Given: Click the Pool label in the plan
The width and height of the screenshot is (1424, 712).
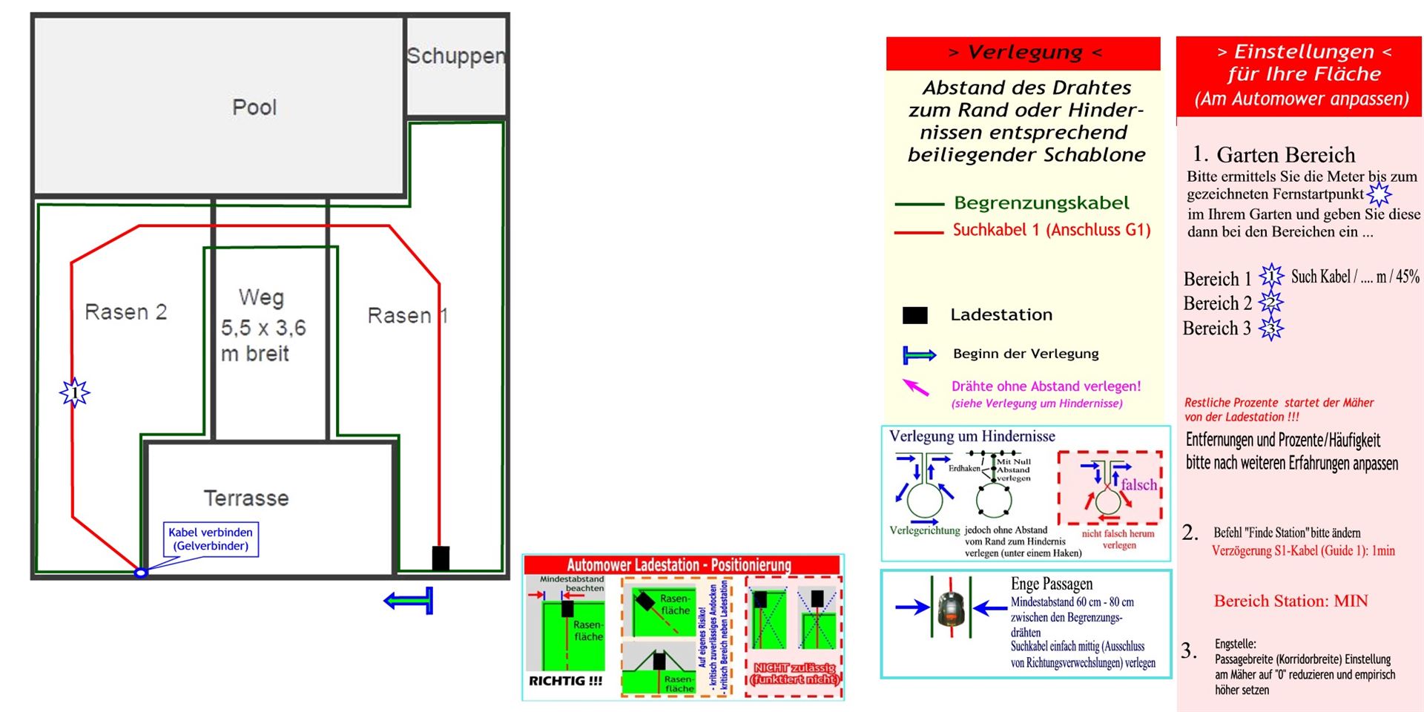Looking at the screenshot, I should (254, 108).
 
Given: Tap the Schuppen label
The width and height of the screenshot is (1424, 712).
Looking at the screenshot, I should (455, 56).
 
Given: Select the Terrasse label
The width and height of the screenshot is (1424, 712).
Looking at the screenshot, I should (245, 498).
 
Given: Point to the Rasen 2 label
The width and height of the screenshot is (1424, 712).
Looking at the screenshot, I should (125, 312).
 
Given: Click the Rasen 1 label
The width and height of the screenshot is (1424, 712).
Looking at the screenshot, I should (407, 316).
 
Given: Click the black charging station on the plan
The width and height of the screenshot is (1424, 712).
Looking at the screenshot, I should (441, 558).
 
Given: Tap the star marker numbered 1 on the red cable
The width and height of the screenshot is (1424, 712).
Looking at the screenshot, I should (74, 392).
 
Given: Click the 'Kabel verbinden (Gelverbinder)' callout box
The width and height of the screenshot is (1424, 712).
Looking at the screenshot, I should (211, 539).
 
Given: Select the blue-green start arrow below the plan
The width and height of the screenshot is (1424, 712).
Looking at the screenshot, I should (409, 600).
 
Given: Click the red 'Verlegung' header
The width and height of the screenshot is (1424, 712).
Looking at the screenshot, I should (1023, 53).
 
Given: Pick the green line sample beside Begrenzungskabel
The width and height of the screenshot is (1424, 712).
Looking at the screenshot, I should (919, 204).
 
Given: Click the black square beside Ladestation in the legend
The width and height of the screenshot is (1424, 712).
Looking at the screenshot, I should (914, 315).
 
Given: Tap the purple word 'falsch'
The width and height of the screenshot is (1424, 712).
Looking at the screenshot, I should (1138, 485).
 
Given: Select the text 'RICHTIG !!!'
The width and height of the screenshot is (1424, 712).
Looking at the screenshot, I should (565, 681).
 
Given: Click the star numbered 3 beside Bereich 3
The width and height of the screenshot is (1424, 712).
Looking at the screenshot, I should (1271, 329).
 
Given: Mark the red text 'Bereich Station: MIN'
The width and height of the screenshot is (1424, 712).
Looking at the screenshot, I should (1290, 601).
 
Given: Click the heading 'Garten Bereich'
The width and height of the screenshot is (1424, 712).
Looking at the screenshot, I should (1285, 155).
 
